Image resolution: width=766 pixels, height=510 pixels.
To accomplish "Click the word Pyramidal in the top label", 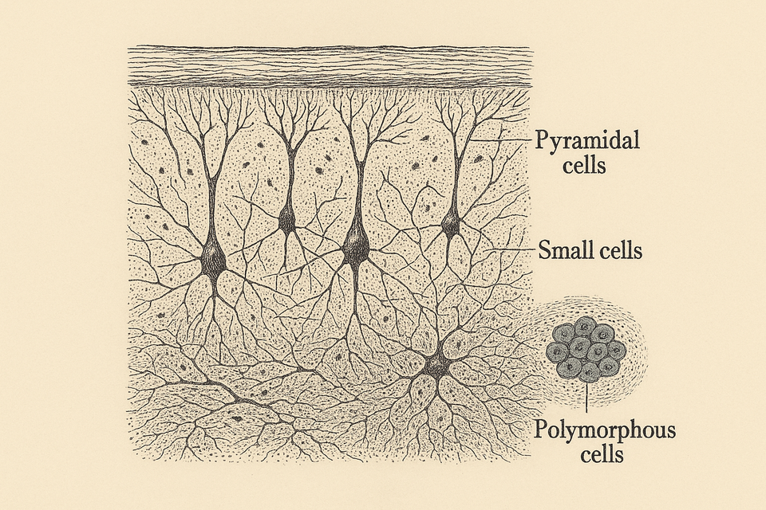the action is point(586,140).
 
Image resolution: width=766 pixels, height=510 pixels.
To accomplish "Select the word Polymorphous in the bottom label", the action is point(605,430).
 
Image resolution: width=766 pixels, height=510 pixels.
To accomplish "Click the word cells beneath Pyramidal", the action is point(584,166).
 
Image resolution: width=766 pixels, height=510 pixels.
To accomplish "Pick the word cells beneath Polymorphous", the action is point(602,455).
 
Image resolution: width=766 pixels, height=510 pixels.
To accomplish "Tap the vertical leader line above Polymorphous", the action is point(586,398).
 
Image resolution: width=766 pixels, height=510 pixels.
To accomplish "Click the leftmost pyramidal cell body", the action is point(213,260).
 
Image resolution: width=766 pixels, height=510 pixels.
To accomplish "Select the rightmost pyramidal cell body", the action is point(450,223).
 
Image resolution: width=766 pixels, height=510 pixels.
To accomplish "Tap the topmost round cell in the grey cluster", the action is point(584,327).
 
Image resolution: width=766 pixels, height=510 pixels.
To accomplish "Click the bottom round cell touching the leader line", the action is point(590,372).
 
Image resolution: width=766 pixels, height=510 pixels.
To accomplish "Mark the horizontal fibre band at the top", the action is point(330,66).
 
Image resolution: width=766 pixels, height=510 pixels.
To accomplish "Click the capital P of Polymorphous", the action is point(541,430).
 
